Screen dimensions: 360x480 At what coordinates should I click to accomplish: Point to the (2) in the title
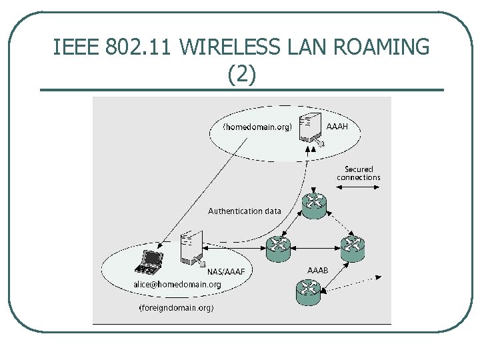click(241, 74)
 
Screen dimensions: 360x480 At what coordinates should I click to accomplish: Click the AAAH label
click(337, 125)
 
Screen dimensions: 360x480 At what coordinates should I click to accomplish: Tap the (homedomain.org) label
click(257, 127)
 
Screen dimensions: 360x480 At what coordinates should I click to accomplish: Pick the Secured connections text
click(359, 173)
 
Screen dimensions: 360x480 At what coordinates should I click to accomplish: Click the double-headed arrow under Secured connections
click(359, 190)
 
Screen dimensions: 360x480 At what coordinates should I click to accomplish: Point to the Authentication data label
click(245, 211)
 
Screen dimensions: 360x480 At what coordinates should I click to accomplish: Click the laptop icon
click(149, 261)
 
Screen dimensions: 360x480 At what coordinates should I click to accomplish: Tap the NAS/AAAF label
click(227, 271)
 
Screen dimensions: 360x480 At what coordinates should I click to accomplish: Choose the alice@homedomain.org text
click(177, 284)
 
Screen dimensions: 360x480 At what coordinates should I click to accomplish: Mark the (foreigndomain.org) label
click(176, 308)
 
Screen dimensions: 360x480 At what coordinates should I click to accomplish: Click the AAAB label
click(318, 270)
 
